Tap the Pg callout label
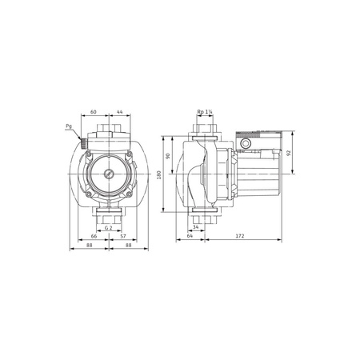(x=70, y=126)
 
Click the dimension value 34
(x=206, y=228)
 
